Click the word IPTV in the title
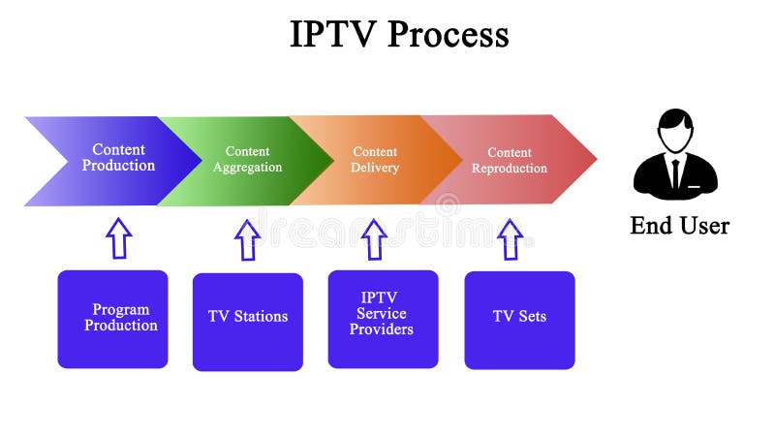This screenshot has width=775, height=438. (x=333, y=35)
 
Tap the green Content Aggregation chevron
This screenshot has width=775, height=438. (x=247, y=160)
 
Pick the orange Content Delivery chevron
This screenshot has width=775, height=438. (x=378, y=160)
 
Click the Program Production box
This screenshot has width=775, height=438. (x=112, y=319)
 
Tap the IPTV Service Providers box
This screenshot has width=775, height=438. (x=383, y=319)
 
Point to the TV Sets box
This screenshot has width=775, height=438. (x=519, y=319)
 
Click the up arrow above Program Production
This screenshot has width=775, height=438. (x=118, y=237)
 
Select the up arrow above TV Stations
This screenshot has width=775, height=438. (x=248, y=239)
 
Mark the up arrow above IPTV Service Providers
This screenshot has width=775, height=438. (x=374, y=239)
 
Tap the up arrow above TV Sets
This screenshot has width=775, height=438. (x=510, y=239)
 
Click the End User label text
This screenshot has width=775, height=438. (x=679, y=226)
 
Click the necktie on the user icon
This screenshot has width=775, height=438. (x=675, y=174)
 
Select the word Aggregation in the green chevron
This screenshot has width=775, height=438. (x=247, y=168)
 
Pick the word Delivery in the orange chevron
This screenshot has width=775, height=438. (x=375, y=168)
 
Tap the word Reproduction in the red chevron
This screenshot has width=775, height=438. (x=510, y=169)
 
